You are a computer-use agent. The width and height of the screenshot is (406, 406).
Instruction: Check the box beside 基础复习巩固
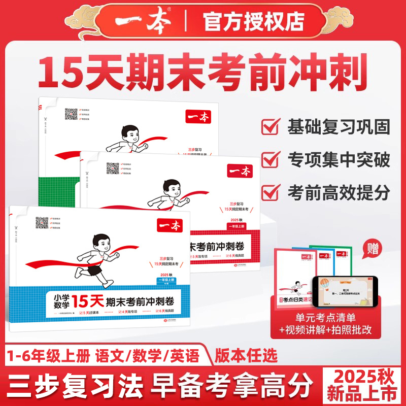tap(272, 125)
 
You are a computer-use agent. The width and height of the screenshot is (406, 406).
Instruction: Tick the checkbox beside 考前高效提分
tap(272, 192)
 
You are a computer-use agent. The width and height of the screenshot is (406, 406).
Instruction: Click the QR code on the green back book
tap(72, 114)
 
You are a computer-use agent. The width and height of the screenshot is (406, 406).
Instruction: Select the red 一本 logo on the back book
tap(199, 116)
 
